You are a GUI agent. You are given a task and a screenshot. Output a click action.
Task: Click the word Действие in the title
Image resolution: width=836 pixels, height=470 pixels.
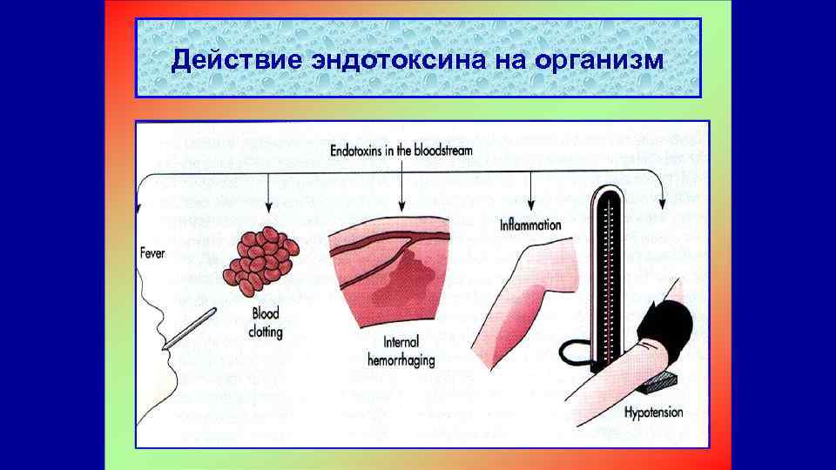221,60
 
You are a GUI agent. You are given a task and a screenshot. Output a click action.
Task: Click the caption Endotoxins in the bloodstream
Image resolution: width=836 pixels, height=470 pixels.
402,150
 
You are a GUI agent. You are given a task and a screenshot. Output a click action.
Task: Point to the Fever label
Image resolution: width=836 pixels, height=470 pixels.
152,253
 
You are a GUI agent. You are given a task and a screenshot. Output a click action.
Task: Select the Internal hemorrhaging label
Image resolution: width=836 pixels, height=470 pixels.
403,350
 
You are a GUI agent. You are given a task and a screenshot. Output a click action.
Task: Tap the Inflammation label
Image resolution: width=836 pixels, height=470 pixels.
530,225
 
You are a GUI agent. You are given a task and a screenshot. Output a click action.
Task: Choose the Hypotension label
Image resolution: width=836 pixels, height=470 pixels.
653,412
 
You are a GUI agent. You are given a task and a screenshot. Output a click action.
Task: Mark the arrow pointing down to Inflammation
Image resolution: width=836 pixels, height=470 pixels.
530,191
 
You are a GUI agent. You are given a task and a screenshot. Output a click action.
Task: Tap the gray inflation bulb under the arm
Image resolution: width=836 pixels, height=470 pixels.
663,380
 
